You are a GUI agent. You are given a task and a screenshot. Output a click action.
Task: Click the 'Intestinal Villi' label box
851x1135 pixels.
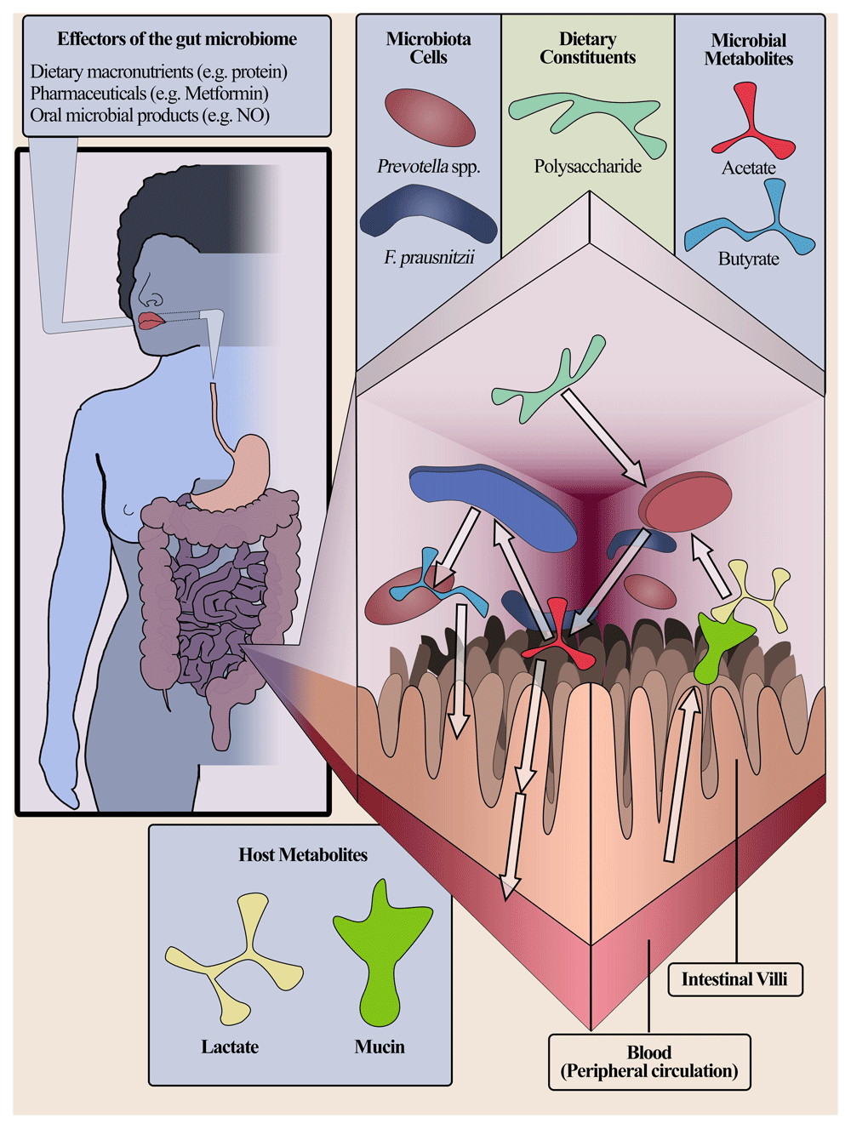(x=734, y=979)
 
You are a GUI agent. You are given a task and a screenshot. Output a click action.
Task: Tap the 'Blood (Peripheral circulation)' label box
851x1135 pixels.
(x=649, y=1062)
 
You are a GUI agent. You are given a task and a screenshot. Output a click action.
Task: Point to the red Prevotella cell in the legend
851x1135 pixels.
(x=430, y=118)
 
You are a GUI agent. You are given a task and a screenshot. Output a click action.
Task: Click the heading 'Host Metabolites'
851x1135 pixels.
(x=303, y=855)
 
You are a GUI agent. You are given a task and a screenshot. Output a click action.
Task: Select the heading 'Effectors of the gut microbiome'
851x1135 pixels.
(x=177, y=39)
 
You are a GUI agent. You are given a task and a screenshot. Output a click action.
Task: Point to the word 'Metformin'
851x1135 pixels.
(x=224, y=94)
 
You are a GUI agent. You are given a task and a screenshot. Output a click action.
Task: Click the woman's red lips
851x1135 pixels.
(x=151, y=322)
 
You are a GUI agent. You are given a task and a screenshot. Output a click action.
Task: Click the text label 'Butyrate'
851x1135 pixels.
(x=749, y=259)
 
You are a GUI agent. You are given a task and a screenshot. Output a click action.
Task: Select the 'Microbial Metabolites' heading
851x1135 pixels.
(x=749, y=49)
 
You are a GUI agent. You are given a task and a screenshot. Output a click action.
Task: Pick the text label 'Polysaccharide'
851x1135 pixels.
(x=588, y=167)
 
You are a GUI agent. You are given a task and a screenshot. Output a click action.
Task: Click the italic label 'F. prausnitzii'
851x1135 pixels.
(x=429, y=257)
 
